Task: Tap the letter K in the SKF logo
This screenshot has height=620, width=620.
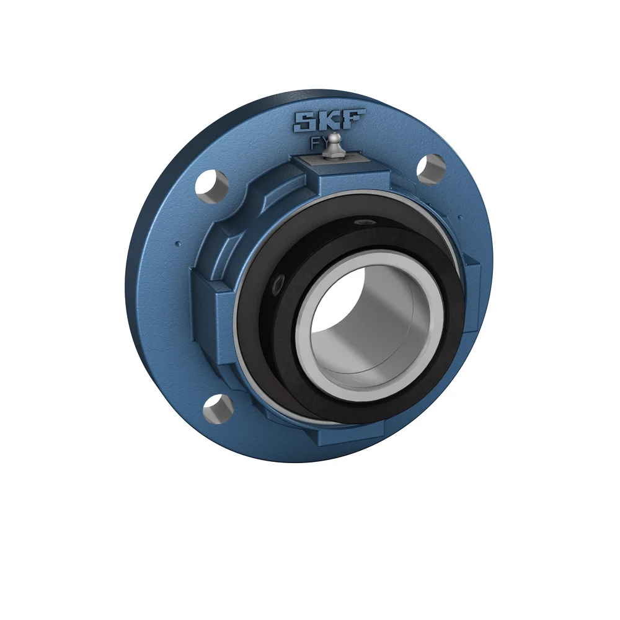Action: point(330,120)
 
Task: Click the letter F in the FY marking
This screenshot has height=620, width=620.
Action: point(315,144)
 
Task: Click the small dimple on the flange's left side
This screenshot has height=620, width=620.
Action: point(178,243)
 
